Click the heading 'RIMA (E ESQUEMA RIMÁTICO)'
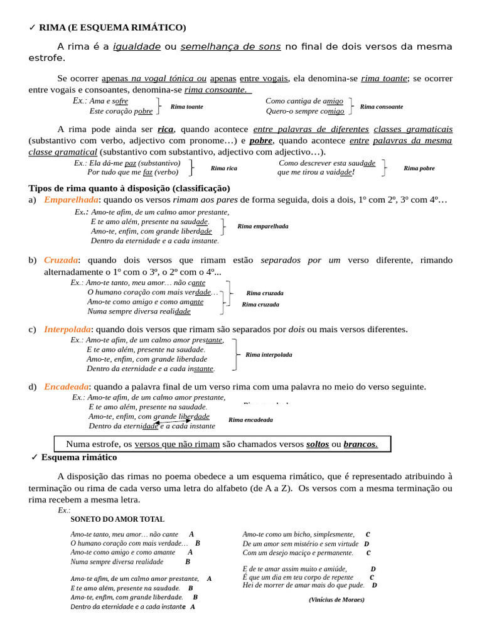[x=112, y=27]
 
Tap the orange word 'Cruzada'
[x=61, y=260]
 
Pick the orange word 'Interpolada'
[x=67, y=329]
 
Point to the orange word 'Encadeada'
[x=66, y=386]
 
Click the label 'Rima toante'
[x=186, y=107]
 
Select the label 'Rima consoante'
[x=382, y=107]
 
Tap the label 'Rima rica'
[x=223, y=168]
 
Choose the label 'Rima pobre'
[x=419, y=168]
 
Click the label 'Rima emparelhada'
[x=262, y=226]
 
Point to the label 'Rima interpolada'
[x=269, y=355]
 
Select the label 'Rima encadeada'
[x=250, y=419]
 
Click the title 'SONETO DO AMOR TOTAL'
[x=117, y=519]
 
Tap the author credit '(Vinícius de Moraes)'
[x=336, y=599]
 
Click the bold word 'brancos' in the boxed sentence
[x=360, y=444]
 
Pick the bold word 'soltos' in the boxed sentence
[x=317, y=444]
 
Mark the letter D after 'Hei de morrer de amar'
[x=375, y=585]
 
